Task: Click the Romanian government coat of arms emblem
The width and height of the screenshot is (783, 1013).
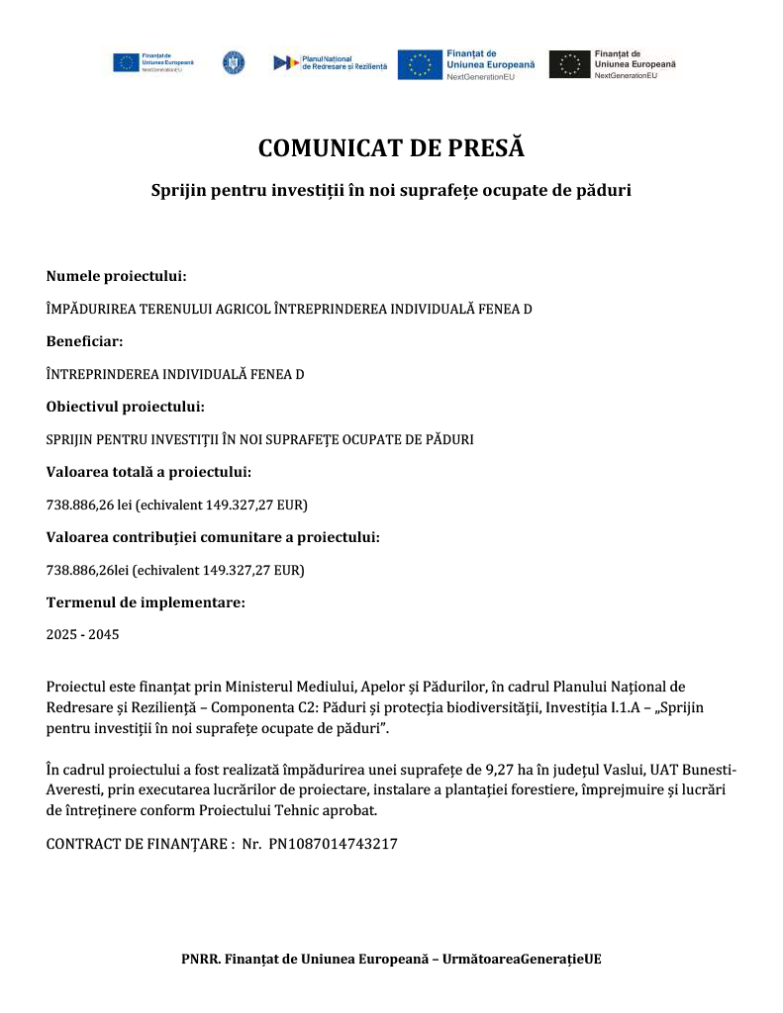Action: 234,62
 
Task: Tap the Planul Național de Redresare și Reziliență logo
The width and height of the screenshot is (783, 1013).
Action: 330,62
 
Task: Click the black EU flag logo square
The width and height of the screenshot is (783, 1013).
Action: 569,64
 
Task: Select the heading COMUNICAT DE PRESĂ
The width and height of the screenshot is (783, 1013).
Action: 391,148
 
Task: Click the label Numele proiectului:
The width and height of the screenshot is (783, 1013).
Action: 116,276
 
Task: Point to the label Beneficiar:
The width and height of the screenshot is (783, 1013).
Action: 84,341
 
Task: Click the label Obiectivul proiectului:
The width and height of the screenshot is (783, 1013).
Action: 125,407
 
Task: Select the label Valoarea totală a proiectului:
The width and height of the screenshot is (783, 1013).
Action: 148,472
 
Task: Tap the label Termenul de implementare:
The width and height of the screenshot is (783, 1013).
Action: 146,601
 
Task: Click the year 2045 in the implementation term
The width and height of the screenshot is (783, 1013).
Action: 103,634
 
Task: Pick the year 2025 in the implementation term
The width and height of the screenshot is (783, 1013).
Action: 62,634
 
